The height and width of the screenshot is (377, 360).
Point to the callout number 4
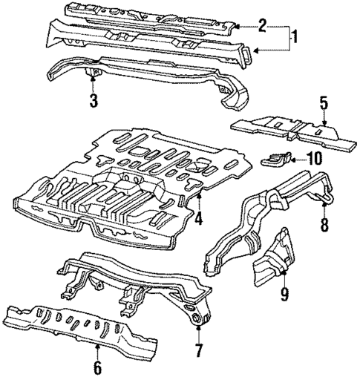coord(198,220)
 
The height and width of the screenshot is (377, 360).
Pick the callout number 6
coord(98,366)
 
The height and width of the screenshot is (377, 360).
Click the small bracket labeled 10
coord(280,157)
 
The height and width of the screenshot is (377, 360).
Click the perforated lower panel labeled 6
coord(89,327)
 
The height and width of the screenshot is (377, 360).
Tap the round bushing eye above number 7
coord(197,319)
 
